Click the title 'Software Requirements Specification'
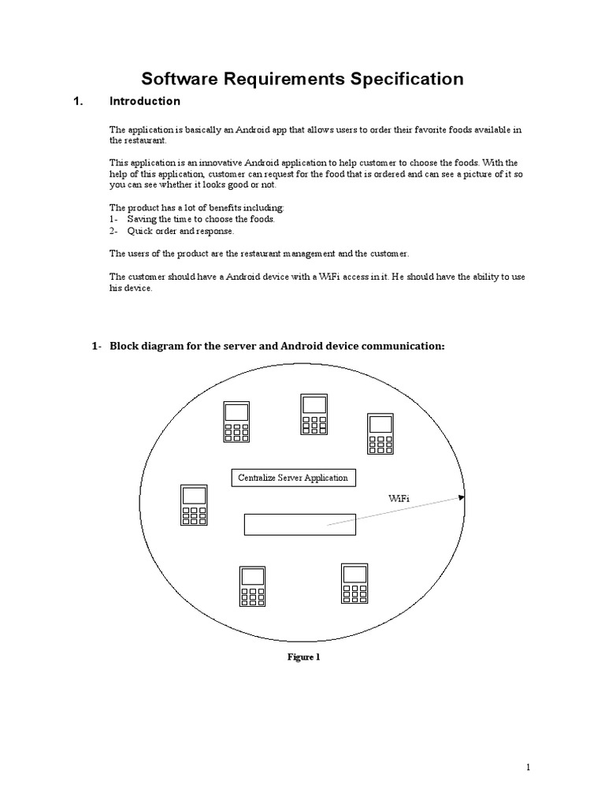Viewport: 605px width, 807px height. pos(302,79)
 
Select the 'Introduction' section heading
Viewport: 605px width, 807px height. pos(144,102)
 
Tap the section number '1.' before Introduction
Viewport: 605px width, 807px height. pos(78,102)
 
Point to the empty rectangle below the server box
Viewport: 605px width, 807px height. pos(299,524)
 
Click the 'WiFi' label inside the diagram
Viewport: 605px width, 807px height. pos(399,498)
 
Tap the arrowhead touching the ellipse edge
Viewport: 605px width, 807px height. pos(462,497)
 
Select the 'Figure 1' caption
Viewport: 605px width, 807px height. pos(302,657)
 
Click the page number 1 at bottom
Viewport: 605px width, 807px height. pos(529,766)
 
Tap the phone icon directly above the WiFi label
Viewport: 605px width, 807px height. pos(380,434)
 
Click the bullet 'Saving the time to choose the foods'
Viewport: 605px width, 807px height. pos(200,219)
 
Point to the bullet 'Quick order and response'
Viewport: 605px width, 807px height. pos(180,232)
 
